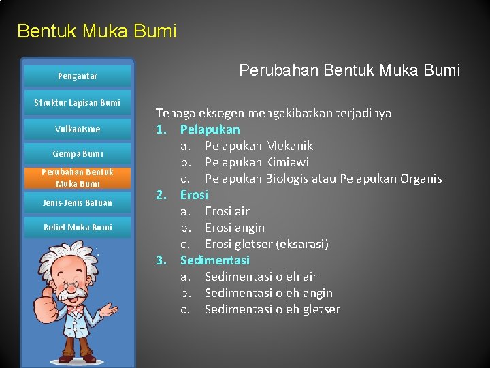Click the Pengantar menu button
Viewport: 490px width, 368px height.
point(77,76)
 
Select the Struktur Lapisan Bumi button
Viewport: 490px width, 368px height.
point(77,102)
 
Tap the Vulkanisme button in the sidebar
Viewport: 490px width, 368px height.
point(77,129)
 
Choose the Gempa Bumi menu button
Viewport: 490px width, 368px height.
point(77,154)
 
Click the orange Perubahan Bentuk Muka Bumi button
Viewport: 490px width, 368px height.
point(77,178)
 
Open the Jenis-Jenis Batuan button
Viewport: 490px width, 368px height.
point(77,203)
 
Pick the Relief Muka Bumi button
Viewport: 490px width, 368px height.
point(77,228)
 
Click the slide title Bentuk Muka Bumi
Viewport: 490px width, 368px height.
point(97,31)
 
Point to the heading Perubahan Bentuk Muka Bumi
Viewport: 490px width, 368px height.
point(349,70)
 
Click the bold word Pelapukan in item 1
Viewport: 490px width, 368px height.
point(210,129)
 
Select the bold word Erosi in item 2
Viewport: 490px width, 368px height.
point(194,195)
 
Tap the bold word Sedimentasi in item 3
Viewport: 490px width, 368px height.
point(214,260)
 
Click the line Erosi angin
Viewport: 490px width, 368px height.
point(235,228)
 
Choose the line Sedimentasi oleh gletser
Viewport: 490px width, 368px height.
point(272,309)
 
